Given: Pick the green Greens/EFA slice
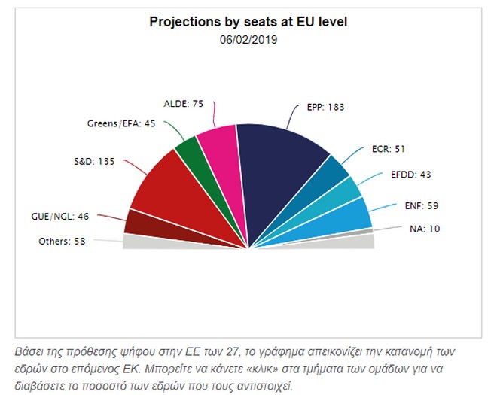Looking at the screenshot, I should pos(188,157).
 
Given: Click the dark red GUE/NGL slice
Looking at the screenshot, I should pos(138,223).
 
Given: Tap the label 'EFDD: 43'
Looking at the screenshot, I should pos(411,175).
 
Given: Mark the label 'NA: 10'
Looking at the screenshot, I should pos(423,228).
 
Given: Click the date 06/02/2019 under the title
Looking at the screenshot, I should pos(248,39).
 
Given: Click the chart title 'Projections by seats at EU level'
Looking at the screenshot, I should pos(248,23).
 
